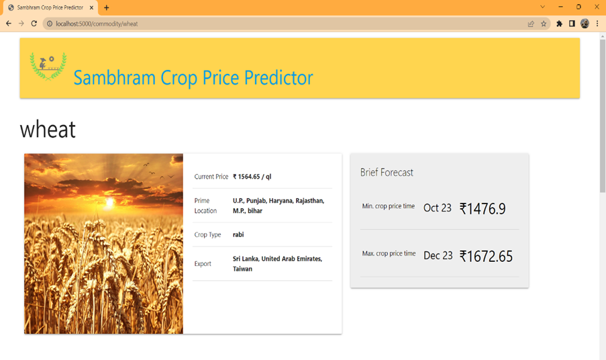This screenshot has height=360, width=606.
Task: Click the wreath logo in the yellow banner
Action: point(48,66)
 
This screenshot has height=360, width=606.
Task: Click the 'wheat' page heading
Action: point(48,129)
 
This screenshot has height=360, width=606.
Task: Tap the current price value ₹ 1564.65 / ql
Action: point(252,177)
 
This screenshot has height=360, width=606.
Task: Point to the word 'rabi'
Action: point(238,235)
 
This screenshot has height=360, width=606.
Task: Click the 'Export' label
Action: point(203,264)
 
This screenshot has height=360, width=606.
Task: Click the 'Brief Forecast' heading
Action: point(387,173)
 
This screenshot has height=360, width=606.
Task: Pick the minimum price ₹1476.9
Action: point(483,209)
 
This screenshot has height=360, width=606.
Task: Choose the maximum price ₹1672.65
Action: point(486,256)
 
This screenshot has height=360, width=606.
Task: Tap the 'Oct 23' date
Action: point(438,208)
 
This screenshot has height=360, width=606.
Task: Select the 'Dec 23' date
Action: point(438,256)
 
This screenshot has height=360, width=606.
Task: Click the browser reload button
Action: point(34,24)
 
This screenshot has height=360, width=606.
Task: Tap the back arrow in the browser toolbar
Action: point(9,24)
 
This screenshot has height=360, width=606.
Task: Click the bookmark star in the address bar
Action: point(544,24)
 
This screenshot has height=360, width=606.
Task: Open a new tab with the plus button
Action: point(107,7)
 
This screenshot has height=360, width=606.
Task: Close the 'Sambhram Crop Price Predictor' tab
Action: point(92,7)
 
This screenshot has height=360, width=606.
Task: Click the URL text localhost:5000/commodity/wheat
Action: point(97,24)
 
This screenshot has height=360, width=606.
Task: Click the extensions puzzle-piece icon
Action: point(559,24)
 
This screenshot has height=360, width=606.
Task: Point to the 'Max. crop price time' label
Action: point(389,254)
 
